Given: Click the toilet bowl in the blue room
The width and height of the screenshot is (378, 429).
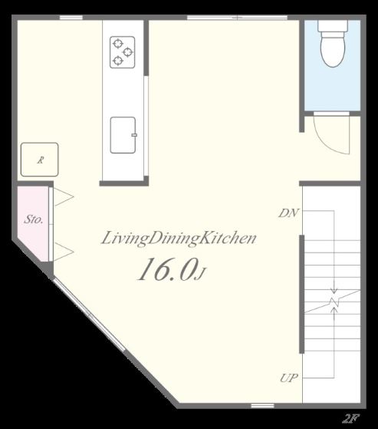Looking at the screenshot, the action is coord(333,50).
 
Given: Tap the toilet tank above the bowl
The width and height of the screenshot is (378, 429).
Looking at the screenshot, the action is coord(333,26).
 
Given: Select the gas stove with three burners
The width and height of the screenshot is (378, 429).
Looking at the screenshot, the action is coord(122,52).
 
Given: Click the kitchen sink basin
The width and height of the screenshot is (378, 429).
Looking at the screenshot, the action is coord(123,135).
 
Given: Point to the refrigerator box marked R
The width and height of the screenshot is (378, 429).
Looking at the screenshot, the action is coord(40,160).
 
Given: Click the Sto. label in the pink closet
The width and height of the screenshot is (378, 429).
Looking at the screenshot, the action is coord(33,219).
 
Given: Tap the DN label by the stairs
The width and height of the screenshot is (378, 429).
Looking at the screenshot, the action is coord(288,213).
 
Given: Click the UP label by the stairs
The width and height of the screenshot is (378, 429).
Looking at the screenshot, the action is coord(289,378).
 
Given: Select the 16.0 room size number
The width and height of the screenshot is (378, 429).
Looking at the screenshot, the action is coord(168,269).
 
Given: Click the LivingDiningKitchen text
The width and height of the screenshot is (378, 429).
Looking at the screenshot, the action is coord(179,238).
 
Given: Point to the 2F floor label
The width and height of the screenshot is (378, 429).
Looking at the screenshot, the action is coord(350,418).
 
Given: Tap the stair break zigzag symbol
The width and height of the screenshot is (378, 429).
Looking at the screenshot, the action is coord(334,302).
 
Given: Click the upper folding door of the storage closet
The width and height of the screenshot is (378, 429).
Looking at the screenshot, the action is coord(63,196).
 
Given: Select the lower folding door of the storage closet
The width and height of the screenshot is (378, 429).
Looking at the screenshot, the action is coord(63,252).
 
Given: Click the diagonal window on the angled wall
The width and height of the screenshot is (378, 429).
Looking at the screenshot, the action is coord(89,314).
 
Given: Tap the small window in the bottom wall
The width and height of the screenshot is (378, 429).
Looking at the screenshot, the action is coord(262,405).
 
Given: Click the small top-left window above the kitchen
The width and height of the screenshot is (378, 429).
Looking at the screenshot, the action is coord(71,18).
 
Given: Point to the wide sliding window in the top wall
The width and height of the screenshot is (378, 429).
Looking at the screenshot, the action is coord(237,18).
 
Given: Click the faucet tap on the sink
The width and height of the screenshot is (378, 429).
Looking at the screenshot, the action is coord(134,135).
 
